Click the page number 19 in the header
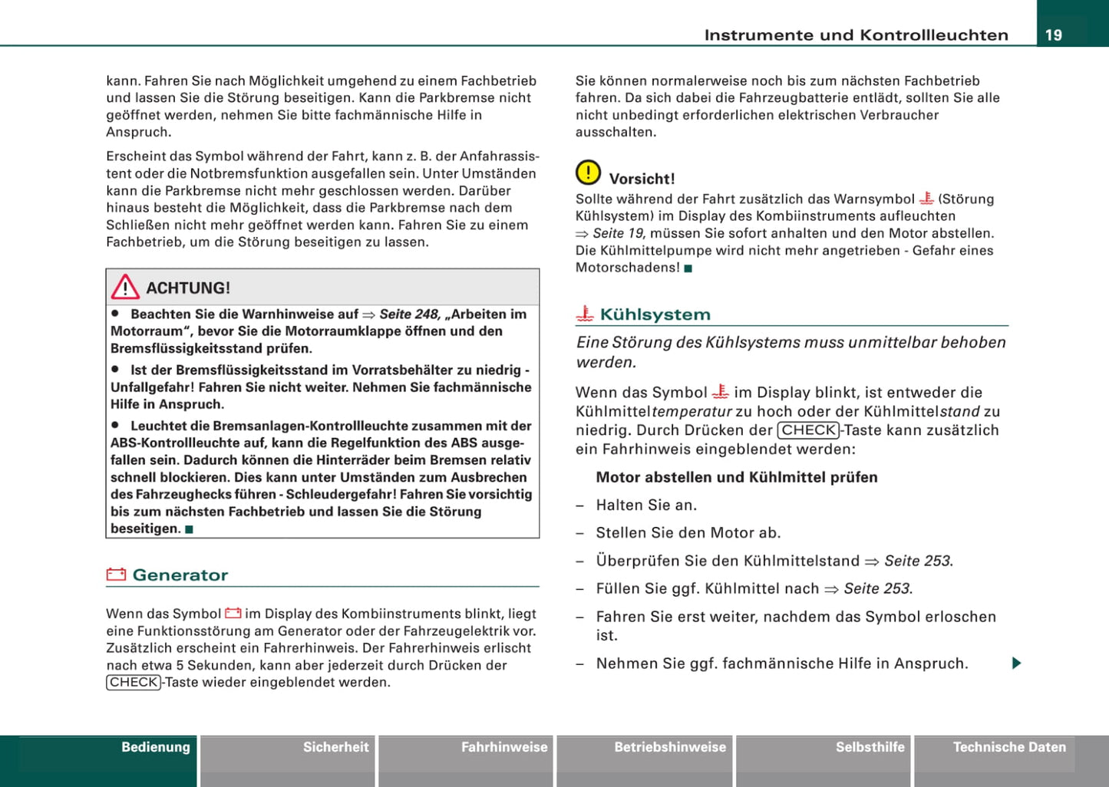tap(1054, 35)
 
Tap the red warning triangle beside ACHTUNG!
tap(124, 287)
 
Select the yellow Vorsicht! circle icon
tap(588, 173)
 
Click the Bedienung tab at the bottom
tap(156, 747)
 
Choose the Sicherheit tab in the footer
tap(335, 747)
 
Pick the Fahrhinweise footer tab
tap(504, 747)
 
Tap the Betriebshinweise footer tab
tap(669, 747)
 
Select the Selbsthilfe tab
tap(870, 747)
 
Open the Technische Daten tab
tap(1009, 747)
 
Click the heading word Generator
tap(180, 575)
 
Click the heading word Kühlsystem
tap(655, 314)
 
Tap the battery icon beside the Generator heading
tap(116, 575)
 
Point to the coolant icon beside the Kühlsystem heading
tap(585, 314)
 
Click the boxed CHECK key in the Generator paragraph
tap(134, 683)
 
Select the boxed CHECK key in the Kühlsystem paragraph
tap(808, 430)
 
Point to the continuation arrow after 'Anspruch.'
tap(1016, 663)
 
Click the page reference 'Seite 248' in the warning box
tap(409, 314)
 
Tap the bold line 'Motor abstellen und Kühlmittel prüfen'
tap(737, 477)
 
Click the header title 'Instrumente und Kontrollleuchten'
tap(856, 35)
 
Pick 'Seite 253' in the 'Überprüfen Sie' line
tap(917, 561)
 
